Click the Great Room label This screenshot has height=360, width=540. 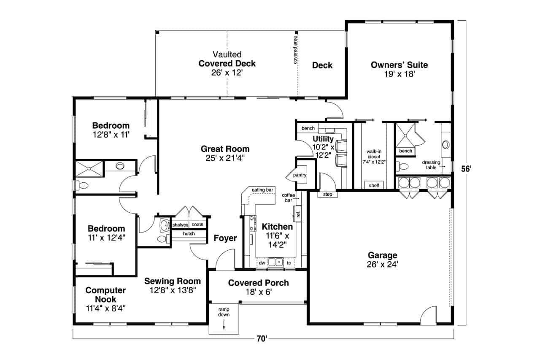click(x=225, y=149)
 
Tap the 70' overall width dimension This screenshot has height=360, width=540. click(x=262, y=339)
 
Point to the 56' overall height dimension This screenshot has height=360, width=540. click(x=466, y=169)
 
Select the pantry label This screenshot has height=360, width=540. click(x=300, y=175)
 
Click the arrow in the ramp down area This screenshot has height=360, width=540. click(x=224, y=324)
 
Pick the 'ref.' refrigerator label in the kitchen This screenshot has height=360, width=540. click(x=298, y=214)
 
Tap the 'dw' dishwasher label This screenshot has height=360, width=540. click(x=262, y=263)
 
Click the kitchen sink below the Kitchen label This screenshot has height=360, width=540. click(x=275, y=262)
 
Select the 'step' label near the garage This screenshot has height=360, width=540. click(x=328, y=194)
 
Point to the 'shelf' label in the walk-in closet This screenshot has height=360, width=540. click(x=374, y=185)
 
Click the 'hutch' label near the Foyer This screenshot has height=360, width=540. click(x=189, y=234)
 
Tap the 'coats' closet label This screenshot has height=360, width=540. click(x=197, y=225)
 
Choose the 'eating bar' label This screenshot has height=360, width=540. click(x=262, y=190)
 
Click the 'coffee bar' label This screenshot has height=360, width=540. click(x=288, y=198)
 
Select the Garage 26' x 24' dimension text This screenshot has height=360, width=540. click(x=383, y=265)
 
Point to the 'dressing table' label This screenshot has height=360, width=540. click(x=431, y=165)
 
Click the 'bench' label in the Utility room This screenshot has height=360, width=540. click(x=308, y=129)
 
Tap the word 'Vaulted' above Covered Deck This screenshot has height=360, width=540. click(x=227, y=54)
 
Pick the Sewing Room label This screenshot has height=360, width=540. click(x=173, y=281)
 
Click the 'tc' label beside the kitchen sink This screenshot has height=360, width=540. click(x=289, y=263)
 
